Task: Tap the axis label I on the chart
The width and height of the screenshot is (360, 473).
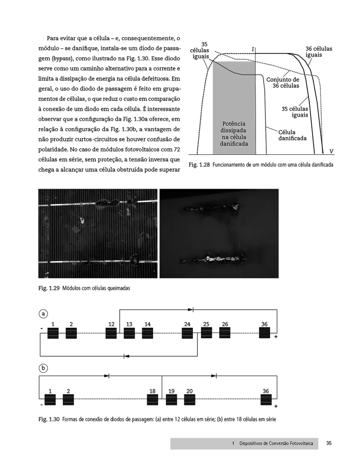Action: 253,49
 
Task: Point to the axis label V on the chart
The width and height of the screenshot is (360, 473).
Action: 331,151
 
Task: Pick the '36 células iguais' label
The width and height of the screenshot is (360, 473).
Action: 319,52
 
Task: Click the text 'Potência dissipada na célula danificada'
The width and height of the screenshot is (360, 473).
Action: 234,134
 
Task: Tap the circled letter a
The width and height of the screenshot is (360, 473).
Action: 43,313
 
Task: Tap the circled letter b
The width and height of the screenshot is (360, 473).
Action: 43,368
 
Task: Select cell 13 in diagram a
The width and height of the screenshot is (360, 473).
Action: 129,333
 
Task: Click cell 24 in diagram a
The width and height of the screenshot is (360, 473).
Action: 187,333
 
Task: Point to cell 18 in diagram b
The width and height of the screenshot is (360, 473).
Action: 152,400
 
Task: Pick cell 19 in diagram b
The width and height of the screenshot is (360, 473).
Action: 172,400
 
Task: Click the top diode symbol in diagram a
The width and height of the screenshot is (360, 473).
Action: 191,310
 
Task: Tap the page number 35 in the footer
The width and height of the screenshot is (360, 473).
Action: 329,443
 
